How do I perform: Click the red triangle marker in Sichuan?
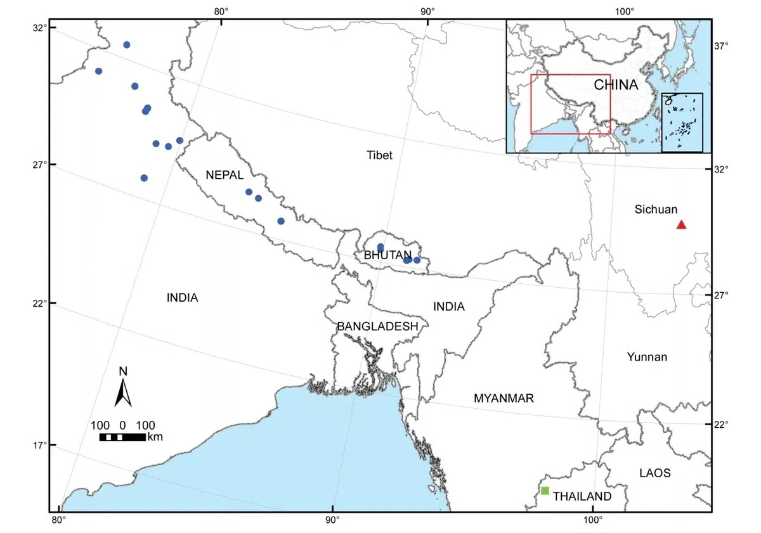(x=681, y=224)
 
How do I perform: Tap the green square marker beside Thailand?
(x=545, y=491)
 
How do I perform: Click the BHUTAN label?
(x=387, y=255)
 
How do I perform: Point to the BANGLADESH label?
(x=377, y=326)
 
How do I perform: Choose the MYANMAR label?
(x=504, y=399)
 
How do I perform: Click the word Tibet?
(x=379, y=155)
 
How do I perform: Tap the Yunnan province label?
(x=647, y=357)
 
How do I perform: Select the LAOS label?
(x=654, y=473)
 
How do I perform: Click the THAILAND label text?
(x=582, y=496)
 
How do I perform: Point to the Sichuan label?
(x=656, y=209)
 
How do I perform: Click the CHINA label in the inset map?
(x=615, y=85)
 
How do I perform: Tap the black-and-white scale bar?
(x=122, y=437)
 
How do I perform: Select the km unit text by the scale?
(x=155, y=437)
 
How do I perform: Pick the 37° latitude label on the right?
(x=722, y=46)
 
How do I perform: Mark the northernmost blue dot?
(x=127, y=45)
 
